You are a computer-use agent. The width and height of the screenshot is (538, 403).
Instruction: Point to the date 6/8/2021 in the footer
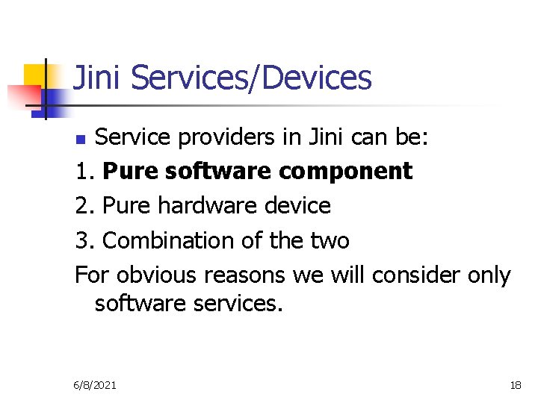[95, 385]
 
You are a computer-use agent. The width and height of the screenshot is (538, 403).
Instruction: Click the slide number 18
[516, 385]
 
